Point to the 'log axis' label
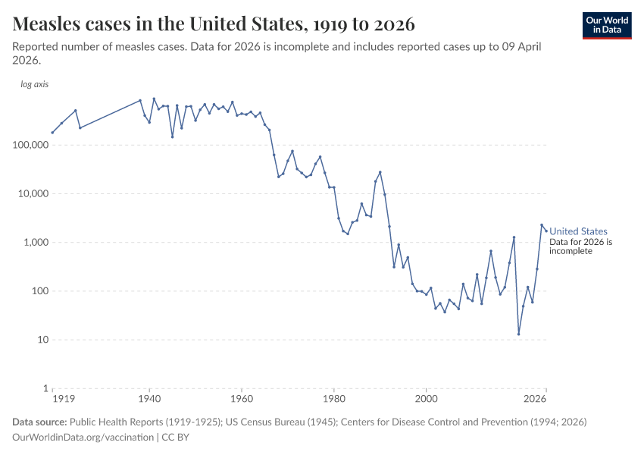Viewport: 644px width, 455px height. [x=34, y=84]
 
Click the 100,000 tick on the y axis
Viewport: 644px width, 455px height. [x=28, y=145]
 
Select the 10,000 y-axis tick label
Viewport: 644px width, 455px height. [x=31, y=193]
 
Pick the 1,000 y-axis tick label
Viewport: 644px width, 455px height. [x=34, y=243]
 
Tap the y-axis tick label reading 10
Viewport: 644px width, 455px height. [x=41, y=340]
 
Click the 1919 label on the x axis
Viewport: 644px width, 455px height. [x=62, y=399]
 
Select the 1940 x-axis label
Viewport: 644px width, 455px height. [x=149, y=399]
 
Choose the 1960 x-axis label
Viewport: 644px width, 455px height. [x=242, y=399]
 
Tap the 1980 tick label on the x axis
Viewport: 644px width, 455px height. [x=334, y=399]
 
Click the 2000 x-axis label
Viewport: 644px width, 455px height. [x=427, y=399]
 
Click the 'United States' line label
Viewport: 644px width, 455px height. [x=578, y=231]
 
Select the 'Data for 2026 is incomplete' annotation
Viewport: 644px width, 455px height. [x=580, y=246]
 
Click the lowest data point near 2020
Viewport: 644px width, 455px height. [x=519, y=334]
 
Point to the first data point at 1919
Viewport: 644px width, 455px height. [x=52, y=133]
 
